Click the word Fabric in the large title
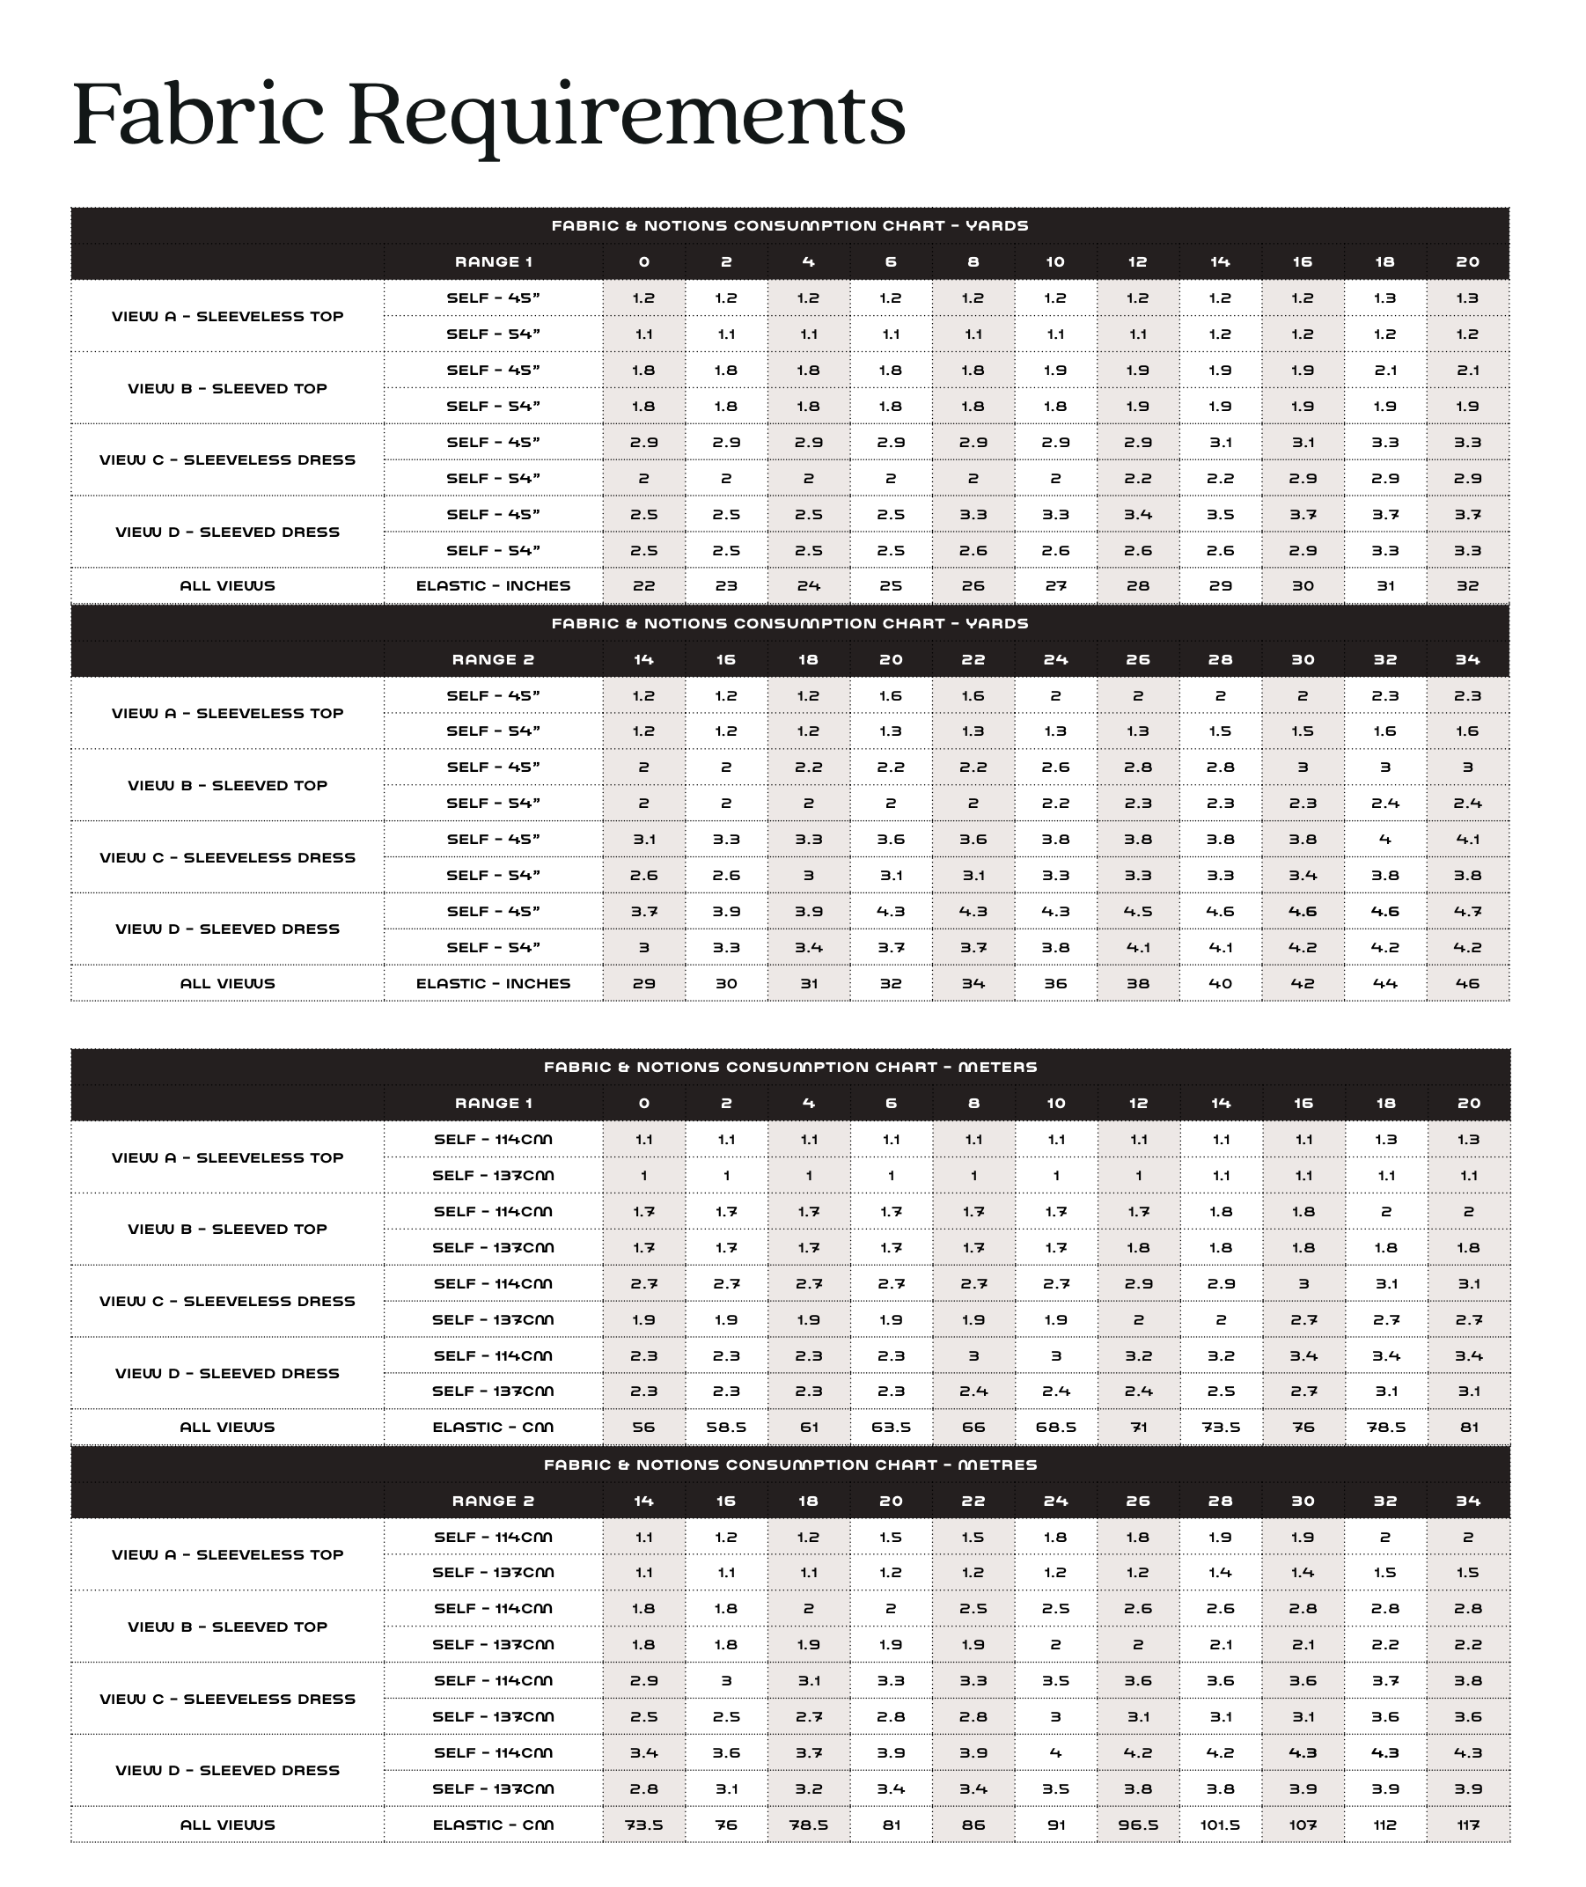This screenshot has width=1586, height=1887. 197,114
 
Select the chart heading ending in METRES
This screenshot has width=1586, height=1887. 790,1465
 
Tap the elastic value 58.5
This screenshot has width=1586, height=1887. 725,1427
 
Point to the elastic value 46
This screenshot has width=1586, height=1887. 1467,982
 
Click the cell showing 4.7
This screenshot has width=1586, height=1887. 1467,911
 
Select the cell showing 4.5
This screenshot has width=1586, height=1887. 1137,911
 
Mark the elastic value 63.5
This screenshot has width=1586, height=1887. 890,1427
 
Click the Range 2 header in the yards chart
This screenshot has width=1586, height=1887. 493,659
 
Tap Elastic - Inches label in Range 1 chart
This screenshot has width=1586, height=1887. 493,585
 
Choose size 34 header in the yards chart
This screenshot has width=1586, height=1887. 1467,659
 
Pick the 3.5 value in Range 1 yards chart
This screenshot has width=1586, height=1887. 1220,514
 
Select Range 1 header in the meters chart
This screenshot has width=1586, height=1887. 493,1103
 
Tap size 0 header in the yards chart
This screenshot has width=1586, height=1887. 643,261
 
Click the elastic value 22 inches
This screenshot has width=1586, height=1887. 643,585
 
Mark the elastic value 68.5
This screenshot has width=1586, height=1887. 1055,1427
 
